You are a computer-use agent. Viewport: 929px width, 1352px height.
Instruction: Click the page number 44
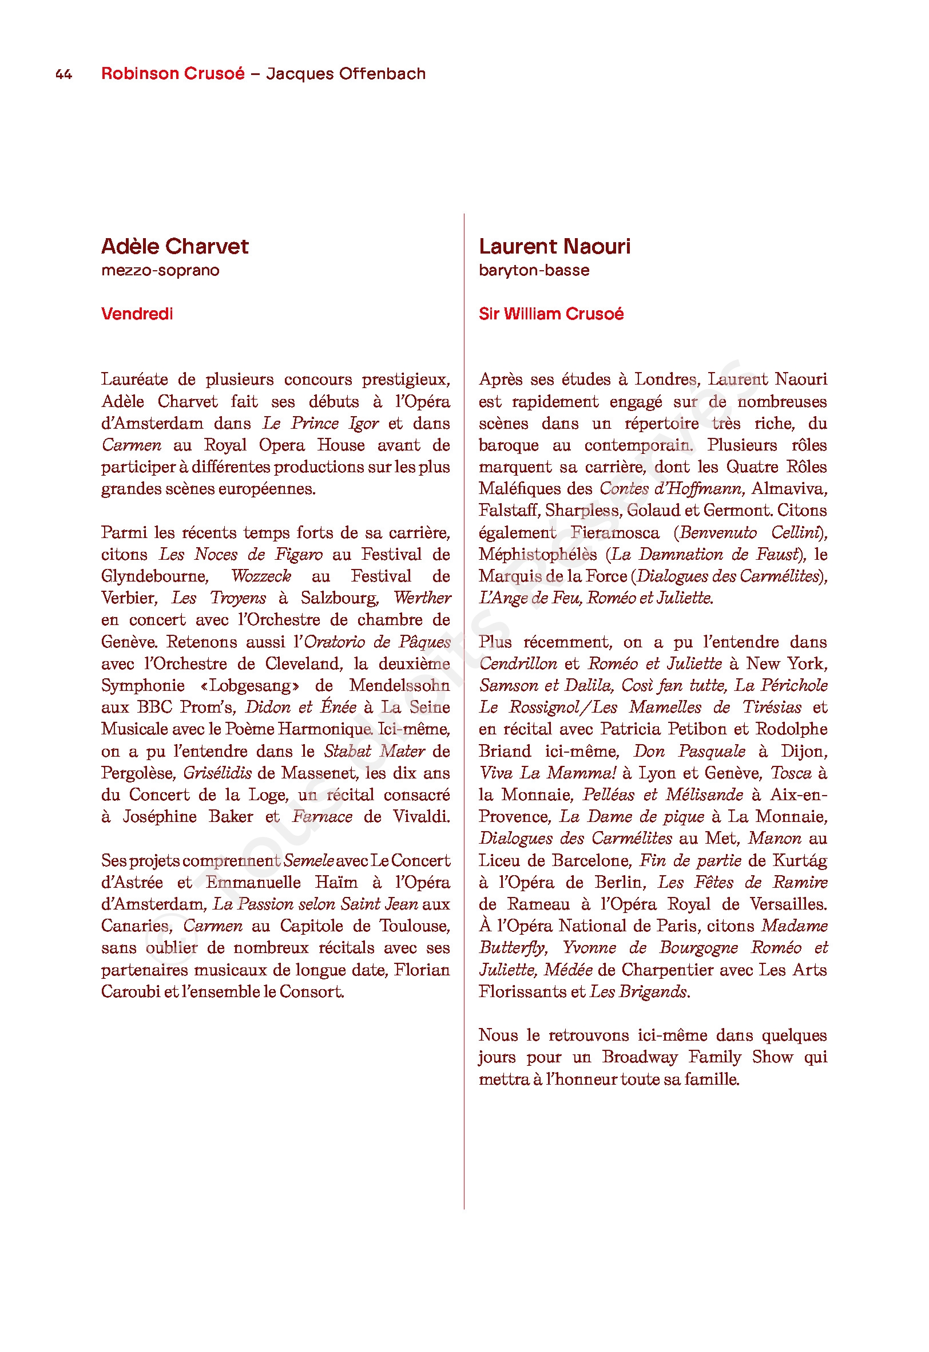click(63, 74)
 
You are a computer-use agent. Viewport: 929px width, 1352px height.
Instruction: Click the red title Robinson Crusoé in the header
click(173, 73)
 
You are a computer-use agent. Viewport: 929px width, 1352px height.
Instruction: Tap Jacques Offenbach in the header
click(346, 73)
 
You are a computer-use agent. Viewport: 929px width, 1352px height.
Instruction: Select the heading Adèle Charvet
click(174, 246)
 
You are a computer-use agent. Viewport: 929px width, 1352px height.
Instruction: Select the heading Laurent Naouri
click(554, 246)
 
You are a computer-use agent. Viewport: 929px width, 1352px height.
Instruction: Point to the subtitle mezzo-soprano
click(160, 270)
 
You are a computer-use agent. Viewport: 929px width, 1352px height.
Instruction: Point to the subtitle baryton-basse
click(534, 270)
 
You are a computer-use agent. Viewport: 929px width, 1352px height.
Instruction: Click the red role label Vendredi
click(137, 314)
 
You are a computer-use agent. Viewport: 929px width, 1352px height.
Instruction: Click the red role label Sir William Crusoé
click(551, 314)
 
